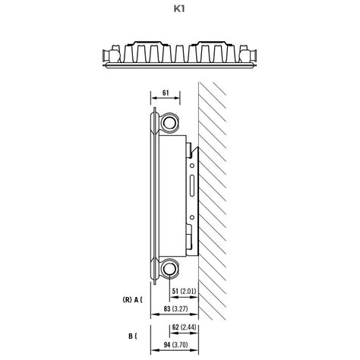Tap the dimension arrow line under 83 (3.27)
click(x=178, y=317)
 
